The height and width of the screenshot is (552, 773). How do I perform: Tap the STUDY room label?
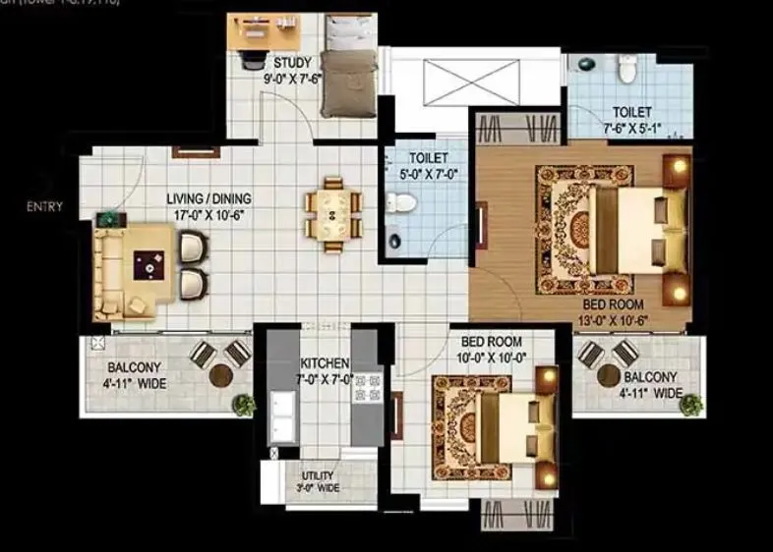tap(293, 64)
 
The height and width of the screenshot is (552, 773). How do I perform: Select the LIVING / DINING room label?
tap(209, 198)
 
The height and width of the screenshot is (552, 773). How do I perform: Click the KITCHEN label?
tap(326, 362)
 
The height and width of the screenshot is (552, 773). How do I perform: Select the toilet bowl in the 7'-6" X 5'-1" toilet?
tap(626, 68)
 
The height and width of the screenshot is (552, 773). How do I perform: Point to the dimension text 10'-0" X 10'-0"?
tap(499, 358)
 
